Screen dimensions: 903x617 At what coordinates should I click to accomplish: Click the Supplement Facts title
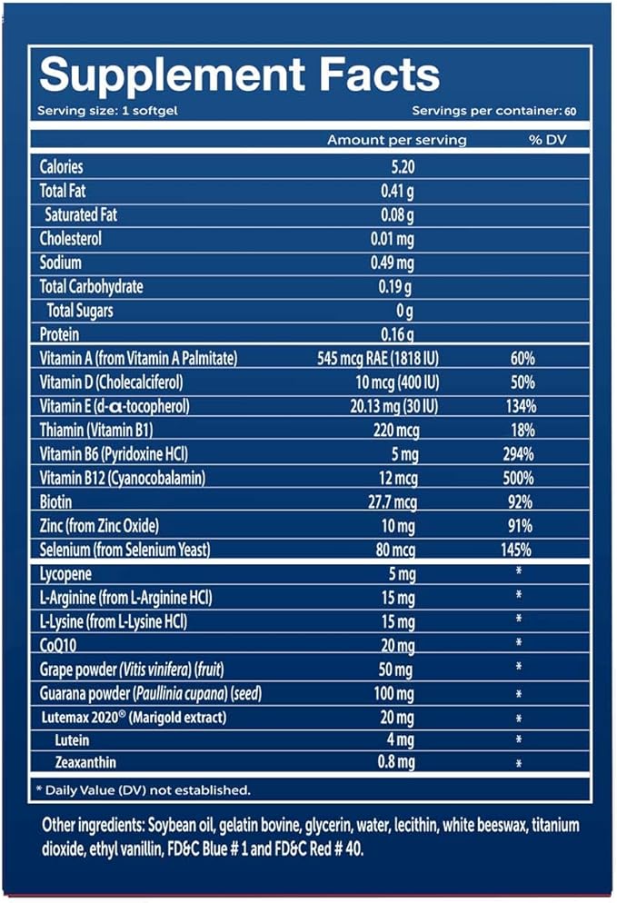240,75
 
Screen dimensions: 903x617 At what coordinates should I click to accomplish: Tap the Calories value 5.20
396,166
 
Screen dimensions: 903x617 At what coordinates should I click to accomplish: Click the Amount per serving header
397,140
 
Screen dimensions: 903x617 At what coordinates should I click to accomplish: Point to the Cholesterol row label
71,239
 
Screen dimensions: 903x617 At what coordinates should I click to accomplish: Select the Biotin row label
57,501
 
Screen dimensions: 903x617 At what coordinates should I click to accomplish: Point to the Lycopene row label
66,574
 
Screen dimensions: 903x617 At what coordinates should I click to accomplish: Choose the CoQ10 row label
57,645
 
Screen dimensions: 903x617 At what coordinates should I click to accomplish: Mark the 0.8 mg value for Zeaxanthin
396,763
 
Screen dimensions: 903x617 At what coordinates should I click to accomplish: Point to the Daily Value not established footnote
144,790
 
